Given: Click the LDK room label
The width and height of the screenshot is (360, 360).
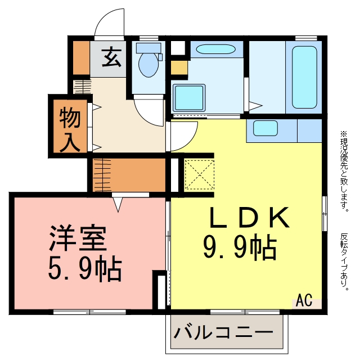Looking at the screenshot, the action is click(249, 217).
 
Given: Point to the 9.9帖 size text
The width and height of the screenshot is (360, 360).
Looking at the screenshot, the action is click(240, 248).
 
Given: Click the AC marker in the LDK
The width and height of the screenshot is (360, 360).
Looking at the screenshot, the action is click(304, 300).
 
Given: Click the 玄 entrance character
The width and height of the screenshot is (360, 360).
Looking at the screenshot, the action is click(111, 57).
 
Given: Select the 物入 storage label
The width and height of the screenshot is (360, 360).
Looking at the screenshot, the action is click(70, 130).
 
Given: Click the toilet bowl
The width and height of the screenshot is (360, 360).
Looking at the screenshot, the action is click(148, 65).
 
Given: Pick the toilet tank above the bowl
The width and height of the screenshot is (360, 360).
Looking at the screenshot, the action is click(148, 48).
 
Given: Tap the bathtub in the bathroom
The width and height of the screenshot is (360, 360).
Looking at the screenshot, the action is click(305, 77).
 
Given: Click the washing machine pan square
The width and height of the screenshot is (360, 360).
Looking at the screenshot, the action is click(189, 97).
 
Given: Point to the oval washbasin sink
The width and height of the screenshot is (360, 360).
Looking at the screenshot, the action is click(216, 49).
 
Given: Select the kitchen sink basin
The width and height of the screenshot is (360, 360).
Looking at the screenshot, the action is click(265, 128).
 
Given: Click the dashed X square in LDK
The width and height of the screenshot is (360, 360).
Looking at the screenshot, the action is click(199, 175).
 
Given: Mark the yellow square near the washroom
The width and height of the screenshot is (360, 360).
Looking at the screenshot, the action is click(179, 67).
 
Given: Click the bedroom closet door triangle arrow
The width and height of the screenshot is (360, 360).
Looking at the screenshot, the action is click(118, 204).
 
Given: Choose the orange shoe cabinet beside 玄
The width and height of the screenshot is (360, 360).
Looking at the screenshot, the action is click(81, 58).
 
